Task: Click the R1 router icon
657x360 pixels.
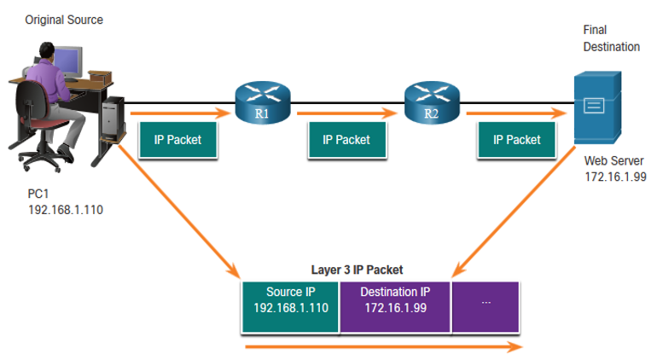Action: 263,102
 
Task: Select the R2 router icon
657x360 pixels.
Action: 432,102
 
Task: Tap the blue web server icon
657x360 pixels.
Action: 597,107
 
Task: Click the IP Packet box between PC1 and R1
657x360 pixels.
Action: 178,140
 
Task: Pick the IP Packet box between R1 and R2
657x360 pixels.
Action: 347,140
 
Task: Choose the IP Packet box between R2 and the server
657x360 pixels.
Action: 516,140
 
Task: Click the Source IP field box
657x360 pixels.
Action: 290,307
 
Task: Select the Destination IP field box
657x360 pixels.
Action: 395,307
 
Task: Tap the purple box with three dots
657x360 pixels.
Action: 485,307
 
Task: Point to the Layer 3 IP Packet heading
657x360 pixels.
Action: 357,270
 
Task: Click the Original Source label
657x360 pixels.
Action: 64,20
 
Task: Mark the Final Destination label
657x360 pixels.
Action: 611,38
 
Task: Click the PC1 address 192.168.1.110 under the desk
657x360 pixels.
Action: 66,210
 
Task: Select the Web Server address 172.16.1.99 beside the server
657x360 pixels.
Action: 615,177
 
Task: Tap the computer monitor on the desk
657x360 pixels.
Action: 68,62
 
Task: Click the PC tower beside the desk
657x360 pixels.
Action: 113,119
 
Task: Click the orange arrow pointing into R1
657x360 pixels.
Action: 181,113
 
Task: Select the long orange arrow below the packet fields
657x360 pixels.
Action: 384,346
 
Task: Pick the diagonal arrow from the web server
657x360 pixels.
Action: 514,212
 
